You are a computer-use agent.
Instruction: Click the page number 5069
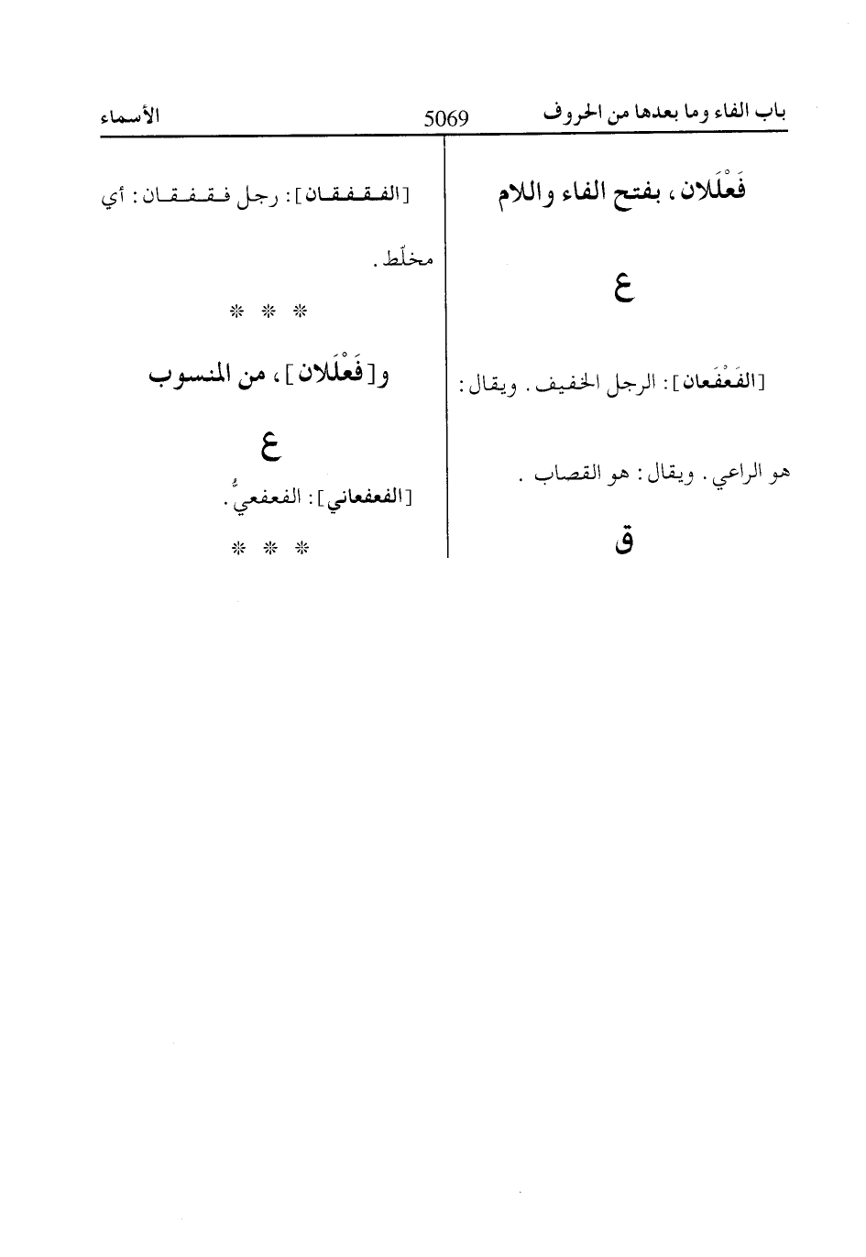(x=446, y=118)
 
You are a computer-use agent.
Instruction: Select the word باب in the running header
(x=774, y=114)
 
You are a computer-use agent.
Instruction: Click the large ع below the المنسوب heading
(x=267, y=446)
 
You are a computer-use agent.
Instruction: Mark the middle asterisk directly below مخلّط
(x=269, y=312)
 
